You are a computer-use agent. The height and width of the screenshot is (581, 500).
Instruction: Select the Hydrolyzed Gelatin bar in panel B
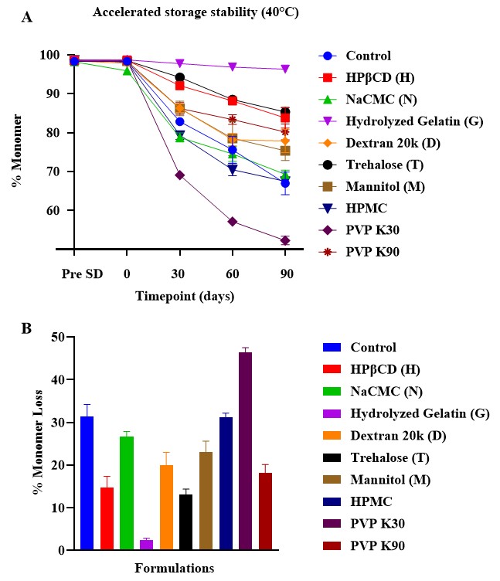point(146,545)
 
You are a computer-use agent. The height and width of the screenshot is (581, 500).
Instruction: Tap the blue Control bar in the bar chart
point(87,483)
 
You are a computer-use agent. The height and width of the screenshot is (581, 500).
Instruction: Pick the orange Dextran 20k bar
point(166,507)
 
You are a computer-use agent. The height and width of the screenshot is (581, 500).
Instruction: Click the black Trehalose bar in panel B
point(186,522)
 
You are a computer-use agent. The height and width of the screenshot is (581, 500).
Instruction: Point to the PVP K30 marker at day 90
point(285,240)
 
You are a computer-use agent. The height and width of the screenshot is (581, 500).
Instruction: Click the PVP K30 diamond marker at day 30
point(179,175)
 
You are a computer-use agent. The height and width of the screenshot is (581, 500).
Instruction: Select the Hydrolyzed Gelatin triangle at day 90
point(285,69)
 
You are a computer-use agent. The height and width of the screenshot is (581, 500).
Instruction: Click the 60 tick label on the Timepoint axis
point(232,274)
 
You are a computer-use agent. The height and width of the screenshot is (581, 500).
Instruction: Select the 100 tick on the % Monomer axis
point(50,56)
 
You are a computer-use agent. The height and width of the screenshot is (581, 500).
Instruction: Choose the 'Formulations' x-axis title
point(175,569)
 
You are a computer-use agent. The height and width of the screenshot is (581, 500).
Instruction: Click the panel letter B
point(27,328)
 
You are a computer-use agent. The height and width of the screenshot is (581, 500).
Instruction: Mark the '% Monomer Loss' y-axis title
point(35,443)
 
